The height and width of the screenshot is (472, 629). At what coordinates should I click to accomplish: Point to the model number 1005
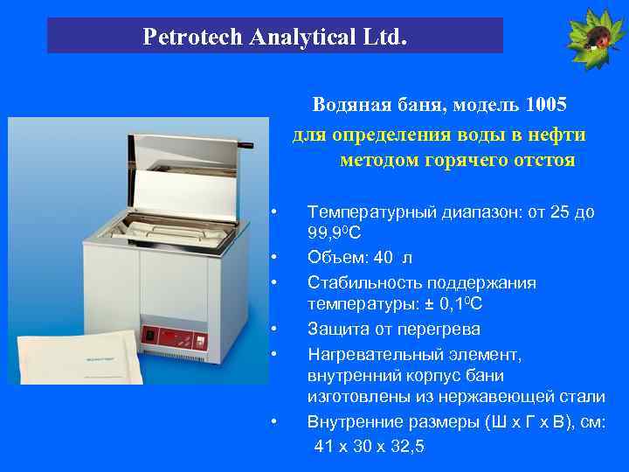(547, 106)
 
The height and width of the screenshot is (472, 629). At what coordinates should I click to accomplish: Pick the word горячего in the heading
(467, 161)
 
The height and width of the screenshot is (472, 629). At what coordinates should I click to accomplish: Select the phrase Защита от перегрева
(393, 330)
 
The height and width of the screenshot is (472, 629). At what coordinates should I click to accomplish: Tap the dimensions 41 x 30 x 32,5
(369, 447)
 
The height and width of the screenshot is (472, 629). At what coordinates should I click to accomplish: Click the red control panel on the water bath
(174, 336)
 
